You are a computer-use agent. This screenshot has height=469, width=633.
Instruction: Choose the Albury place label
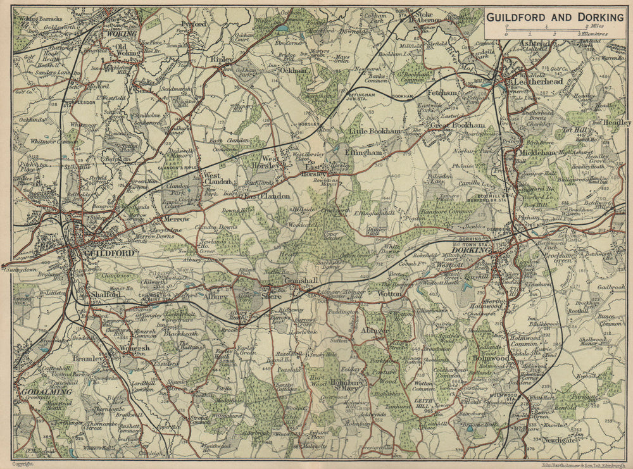[x=215, y=296]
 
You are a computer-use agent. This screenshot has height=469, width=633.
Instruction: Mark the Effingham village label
[x=363, y=153]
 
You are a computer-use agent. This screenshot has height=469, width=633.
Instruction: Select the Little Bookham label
[x=375, y=131]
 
